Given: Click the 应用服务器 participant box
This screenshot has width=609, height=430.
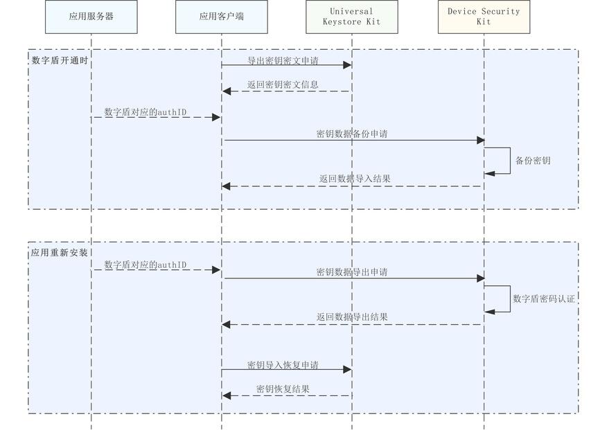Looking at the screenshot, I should coord(91,17).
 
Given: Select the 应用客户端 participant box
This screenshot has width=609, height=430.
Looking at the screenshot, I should coord(221,17).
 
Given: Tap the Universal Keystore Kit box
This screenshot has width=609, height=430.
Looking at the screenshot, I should coord(351,17).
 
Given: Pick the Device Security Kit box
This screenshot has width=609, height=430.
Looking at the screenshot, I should coord(484,17).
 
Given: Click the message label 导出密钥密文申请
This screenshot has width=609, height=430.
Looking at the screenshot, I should coord(283,60).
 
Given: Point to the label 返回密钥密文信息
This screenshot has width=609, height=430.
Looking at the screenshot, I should coord(283,85).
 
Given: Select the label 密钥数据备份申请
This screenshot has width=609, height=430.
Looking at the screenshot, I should coord(351,134).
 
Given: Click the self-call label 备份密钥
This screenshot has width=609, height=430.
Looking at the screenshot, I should coord(533,161).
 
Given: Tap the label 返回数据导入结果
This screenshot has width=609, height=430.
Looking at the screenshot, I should coord(355,179).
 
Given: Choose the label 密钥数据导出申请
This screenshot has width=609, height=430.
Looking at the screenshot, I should coord(351,272).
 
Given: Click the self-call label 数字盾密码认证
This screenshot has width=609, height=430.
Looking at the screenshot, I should coord(544,298).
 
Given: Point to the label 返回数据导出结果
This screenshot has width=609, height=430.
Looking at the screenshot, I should coord(352,317).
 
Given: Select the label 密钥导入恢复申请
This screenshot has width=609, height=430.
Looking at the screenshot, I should coord(283,365).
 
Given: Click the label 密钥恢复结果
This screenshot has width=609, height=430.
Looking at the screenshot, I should coord(283,389).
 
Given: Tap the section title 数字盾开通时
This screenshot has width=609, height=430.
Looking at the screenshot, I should coord(60,60).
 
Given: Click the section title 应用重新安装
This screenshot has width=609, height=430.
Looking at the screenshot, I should coord(60,253).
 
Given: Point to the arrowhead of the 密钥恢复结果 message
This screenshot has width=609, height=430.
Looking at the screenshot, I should coord(226,395).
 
